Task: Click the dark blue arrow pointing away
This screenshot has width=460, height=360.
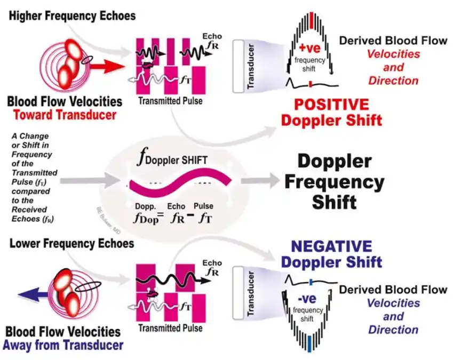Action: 33,294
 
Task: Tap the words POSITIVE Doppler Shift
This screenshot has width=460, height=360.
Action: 331,111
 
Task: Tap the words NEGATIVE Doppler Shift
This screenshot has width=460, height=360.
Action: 331,254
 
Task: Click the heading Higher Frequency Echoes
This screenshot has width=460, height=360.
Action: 73,15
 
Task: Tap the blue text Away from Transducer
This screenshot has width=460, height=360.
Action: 63,345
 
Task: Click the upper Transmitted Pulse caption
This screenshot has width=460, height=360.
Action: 170,100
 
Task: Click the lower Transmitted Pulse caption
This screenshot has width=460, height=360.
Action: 170,328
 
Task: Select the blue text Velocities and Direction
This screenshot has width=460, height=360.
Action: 393,316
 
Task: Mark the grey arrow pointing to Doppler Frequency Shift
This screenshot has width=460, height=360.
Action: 258,181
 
